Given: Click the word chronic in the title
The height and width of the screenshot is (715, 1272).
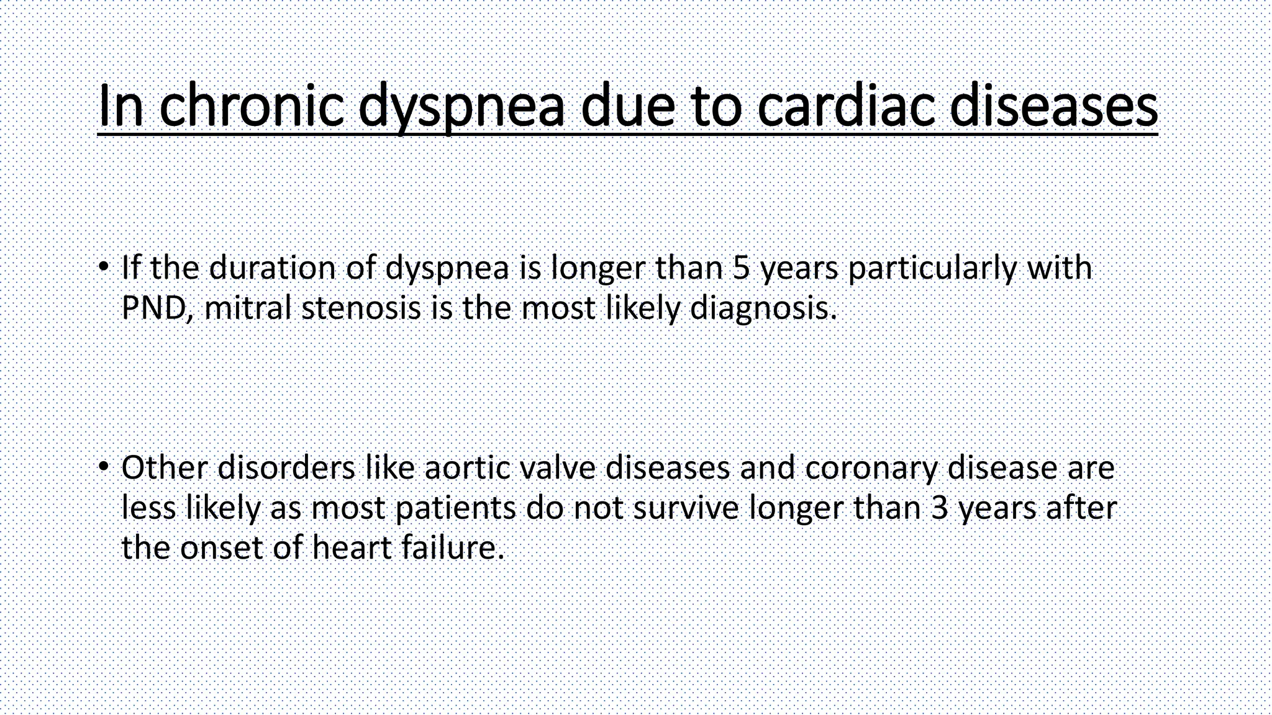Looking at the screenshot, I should tap(251, 106).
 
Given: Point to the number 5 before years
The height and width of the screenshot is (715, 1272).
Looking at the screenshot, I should tap(741, 268).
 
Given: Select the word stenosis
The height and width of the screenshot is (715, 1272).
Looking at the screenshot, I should tap(361, 308).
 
